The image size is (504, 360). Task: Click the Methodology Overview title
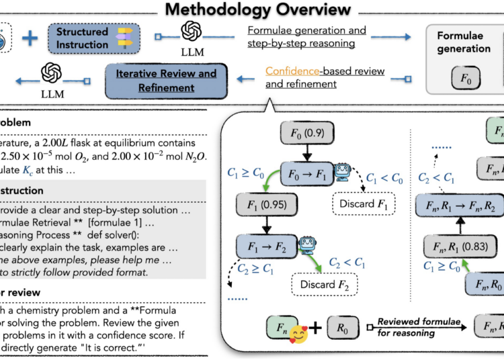point(258,9)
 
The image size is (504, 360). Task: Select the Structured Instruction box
point(83,38)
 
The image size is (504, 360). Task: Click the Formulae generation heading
point(464,42)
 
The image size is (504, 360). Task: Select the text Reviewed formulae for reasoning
point(419,326)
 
